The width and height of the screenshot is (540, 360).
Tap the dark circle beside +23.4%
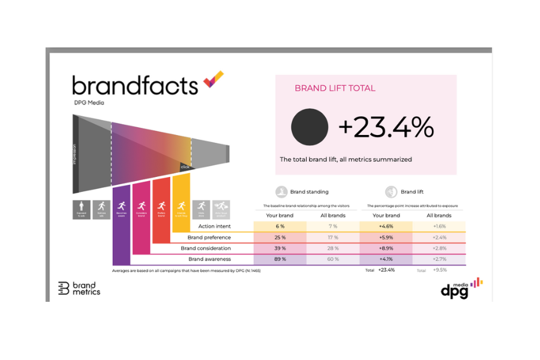[x=310, y=127]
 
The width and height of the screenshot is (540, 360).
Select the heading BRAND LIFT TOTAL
[x=335, y=88]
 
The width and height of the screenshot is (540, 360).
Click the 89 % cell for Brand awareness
[x=280, y=259]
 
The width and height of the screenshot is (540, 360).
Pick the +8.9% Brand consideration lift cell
[x=386, y=248]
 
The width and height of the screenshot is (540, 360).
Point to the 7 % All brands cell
[x=332, y=226]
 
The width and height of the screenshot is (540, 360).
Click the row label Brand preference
[x=209, y=238]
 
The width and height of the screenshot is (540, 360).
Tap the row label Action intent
[x=214, y=226]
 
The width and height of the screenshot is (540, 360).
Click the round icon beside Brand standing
[x=281, y=192]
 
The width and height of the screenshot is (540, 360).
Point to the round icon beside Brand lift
[x=391, y=192]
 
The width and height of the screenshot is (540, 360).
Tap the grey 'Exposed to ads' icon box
[x=82, y=209]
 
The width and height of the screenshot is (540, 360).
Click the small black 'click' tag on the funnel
[x=185, y=167]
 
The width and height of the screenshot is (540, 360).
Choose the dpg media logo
[x=461, y=288]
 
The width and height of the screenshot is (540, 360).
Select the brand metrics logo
[x=79, y=288]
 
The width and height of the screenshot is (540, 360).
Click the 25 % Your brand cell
[x=280, y=238]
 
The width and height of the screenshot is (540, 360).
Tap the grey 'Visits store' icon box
[x=202, y=209]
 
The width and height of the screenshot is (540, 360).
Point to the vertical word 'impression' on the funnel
[x=76, y=154]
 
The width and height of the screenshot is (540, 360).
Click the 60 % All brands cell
[x=332, y=259]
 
